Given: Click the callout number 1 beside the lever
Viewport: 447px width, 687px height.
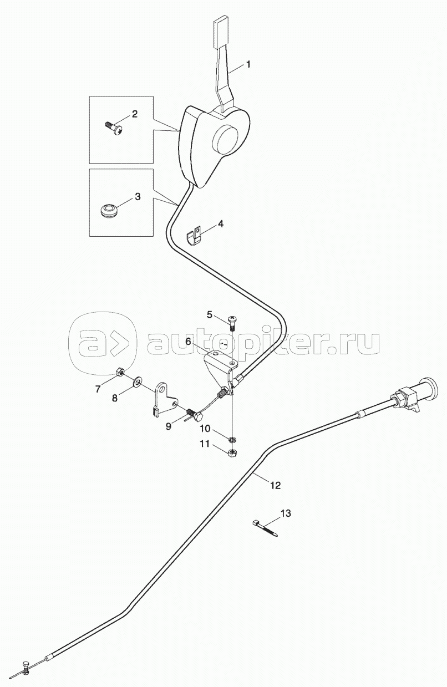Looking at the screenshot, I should (x=248, y=64).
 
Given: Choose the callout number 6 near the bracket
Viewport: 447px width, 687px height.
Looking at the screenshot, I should (x=189, y=342).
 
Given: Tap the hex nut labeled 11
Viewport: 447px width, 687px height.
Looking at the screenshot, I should (x=234, y=452).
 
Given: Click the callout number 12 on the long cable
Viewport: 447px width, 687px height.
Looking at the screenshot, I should (x=275, y=485).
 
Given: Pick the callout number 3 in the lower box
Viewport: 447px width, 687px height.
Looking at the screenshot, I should (x=137, y=197).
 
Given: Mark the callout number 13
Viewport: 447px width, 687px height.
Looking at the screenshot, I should (x=285, y=513).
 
